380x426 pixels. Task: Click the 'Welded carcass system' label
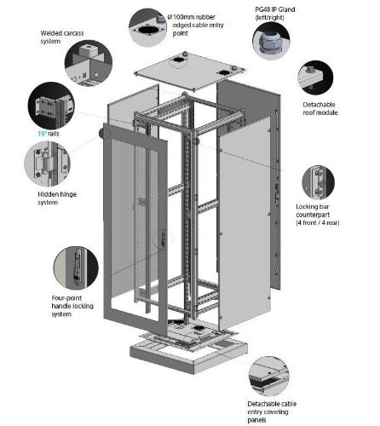click(x=62, y=37)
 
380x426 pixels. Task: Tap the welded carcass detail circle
click(x=89, y=63)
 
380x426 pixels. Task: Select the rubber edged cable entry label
click(x=196, y=25)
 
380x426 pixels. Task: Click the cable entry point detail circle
click(x=147, y=27)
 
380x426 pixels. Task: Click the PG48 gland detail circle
click(x=271, y=41)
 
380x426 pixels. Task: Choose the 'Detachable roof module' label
click(x=320, y=108)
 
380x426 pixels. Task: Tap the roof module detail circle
click(x=315, y=78)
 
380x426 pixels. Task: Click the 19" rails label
click(x=49, y=134)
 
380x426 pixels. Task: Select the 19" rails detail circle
click(x=51, y=106)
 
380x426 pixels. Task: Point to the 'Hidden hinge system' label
click(x=57, y=199)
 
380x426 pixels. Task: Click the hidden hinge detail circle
click(x=47, y=164)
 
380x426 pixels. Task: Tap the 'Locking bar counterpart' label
click(x=318, y=215)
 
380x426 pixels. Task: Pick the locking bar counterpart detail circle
click(x=318, y=182)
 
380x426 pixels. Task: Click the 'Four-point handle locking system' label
click(x=72, y=306)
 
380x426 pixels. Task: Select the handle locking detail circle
click(x=76, y=268)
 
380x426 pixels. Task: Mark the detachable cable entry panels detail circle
click(x=269, y=376)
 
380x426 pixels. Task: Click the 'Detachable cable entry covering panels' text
click(x=272, y=412)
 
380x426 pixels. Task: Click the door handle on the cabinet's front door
click(x=163, y=239)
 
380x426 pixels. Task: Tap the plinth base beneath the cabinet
click(x=188, y=355)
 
